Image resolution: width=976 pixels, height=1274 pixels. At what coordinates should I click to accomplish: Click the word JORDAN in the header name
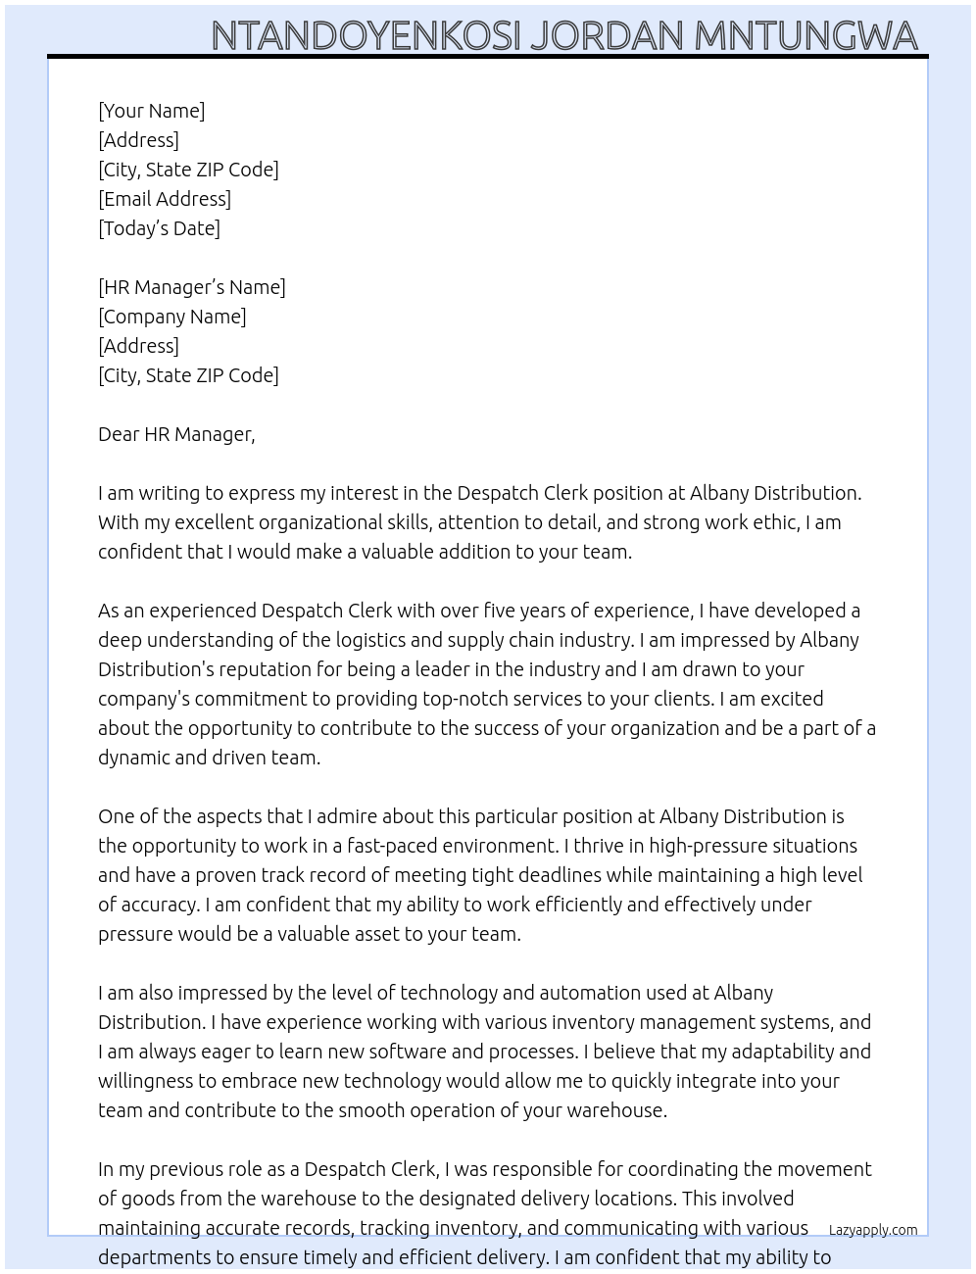[606, 35]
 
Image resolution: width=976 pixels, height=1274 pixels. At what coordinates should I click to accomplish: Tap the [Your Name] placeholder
[152, 111]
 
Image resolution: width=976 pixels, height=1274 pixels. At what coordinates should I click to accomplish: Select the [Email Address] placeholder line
[165, 199]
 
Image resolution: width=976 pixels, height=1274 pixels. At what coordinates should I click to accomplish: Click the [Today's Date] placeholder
[159, 228]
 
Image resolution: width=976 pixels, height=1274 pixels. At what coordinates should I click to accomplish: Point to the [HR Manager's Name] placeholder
[192, 287]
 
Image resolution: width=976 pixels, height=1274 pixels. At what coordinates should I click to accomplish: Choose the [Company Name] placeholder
[172, 317]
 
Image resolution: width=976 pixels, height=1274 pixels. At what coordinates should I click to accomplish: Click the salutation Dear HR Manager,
[176, 434]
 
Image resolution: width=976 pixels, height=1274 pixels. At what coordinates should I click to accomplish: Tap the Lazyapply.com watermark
[873, 1230]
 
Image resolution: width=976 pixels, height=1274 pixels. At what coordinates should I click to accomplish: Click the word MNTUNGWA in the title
[805, 35]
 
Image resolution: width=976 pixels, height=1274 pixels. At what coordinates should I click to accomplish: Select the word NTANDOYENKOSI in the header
[366, 35]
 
